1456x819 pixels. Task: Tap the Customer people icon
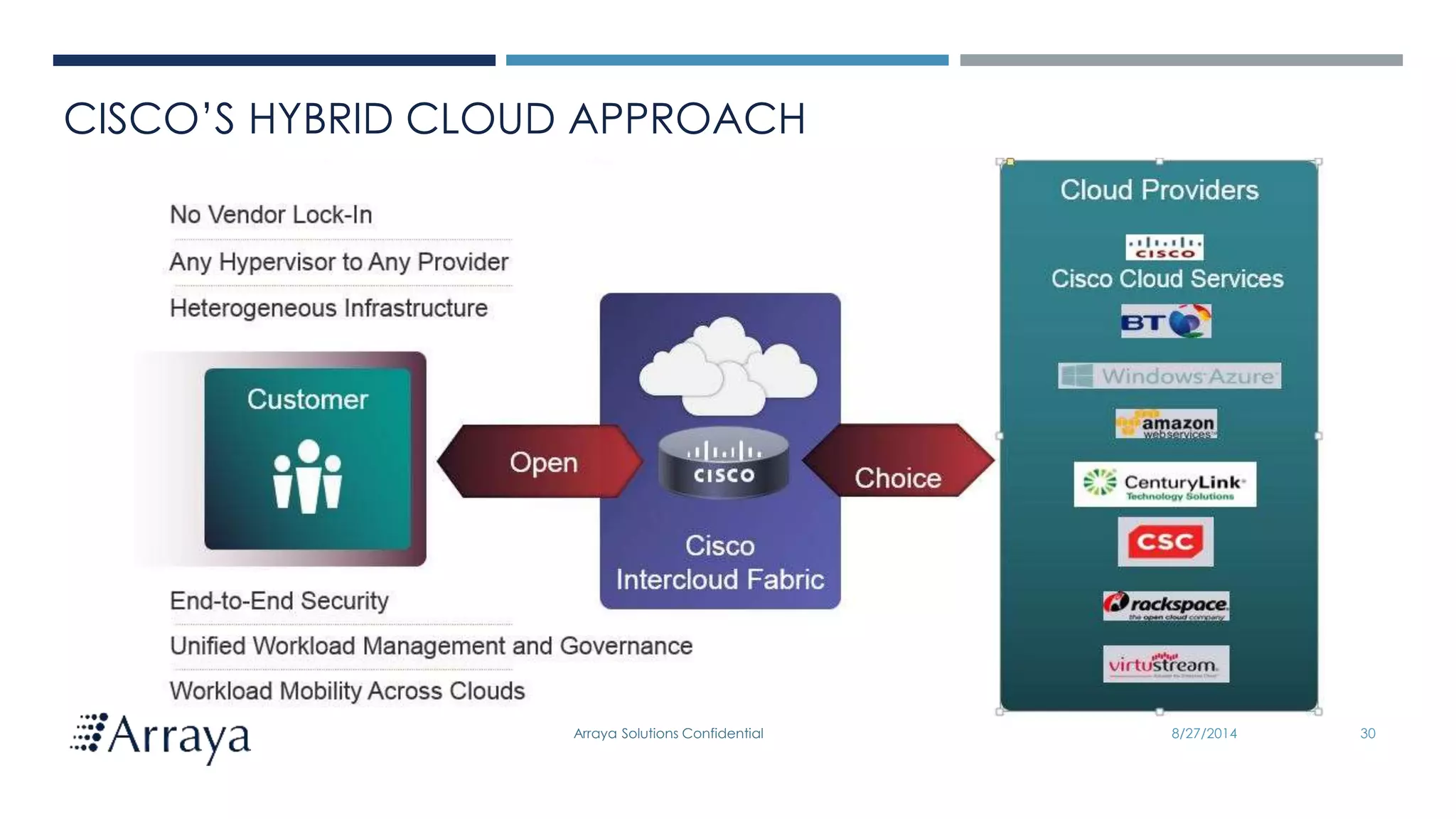308,476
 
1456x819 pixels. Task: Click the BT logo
1166,322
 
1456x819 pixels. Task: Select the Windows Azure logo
1169,375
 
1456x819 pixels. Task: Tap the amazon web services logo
1166,424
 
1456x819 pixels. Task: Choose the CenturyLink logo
1165,484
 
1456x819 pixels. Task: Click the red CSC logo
1165,542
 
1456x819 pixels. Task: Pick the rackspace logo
1166,606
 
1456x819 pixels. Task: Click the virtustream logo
1165,664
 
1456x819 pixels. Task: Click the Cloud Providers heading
1159,190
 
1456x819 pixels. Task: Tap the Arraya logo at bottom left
161,737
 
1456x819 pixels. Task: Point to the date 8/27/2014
1204,734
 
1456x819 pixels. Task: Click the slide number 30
1367,734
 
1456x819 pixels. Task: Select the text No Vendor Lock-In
271,215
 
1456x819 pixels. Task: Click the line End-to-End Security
279,601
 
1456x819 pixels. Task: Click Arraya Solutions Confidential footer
668,734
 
